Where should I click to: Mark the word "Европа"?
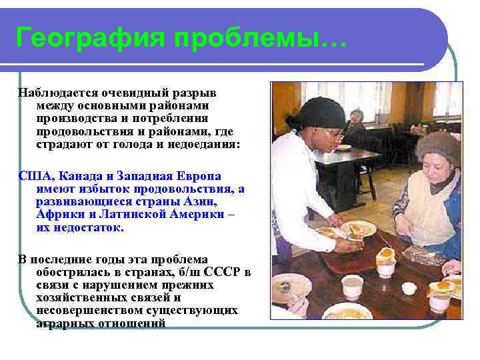(199, 177)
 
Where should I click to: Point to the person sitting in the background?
(357, 119)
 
